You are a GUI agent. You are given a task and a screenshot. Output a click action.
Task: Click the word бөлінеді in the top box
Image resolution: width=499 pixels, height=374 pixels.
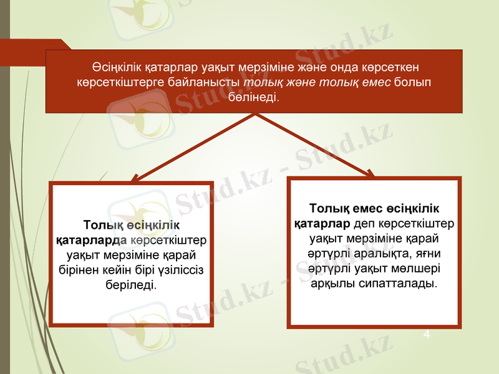254,98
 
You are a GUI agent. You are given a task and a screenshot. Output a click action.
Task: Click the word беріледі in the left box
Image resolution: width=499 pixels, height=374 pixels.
132,284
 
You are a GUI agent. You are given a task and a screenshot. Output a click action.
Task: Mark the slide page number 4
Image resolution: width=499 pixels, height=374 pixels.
427,335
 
